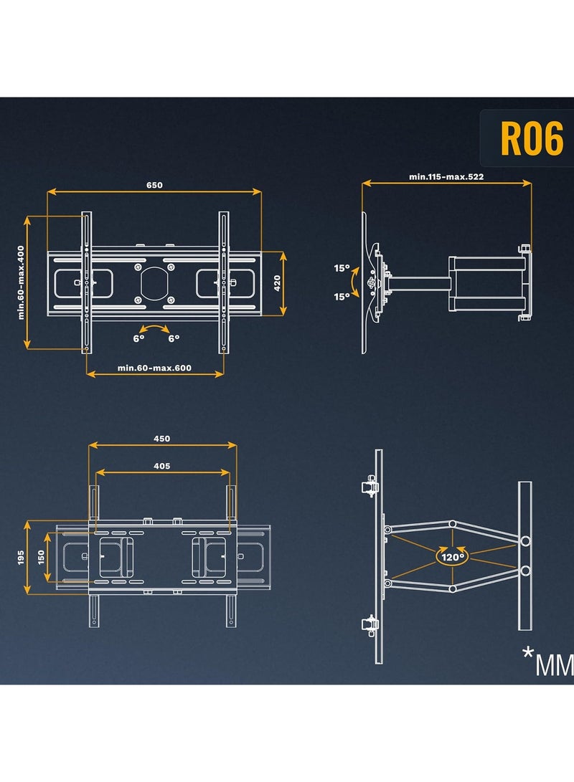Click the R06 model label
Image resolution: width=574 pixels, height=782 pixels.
pyautogui.click(x=532, y=138)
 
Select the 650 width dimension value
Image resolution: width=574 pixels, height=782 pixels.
pyautogui.click(x=154, y=185)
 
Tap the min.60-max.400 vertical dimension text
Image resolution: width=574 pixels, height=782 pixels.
pyautogui.click(x=21, y=282)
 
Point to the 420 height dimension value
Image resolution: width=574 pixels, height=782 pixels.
pyautogui.click(x=278, y=283)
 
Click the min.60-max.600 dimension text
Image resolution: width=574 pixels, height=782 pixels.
pyautogui.click(x=154, y=368)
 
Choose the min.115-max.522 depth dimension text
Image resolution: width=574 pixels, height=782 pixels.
pyautogui.click(x=446, y=176)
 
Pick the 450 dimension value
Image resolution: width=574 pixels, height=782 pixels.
pyautogui.click(x=161, y=439)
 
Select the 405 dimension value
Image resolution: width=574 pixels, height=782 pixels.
pyautogui.click(x=161, y=467)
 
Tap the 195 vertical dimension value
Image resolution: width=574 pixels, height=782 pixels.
pyautogui.click(x=21, y=557)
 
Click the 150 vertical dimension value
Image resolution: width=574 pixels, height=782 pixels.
pyautogui.click(x=42, y=557)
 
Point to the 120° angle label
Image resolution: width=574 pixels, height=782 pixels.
pyautogui.click(x=453, y=557)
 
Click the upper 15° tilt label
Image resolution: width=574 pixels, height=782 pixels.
pyautogui.click(x=342, y=268)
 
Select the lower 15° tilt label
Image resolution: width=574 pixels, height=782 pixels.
pyautogui.click(x=342, y=297)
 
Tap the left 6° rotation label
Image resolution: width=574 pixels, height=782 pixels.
pyautogui.click(x=138, y=338)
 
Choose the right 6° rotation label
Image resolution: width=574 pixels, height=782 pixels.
pyautogui.click(x=174, y=338)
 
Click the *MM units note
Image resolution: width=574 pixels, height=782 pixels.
pyautogui.click(x=548, y=662)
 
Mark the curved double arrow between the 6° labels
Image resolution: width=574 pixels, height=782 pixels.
pyautogui.click(x=154, y=327)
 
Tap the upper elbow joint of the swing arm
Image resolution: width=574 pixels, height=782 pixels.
pyautogui.click(x=452, y=524)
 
